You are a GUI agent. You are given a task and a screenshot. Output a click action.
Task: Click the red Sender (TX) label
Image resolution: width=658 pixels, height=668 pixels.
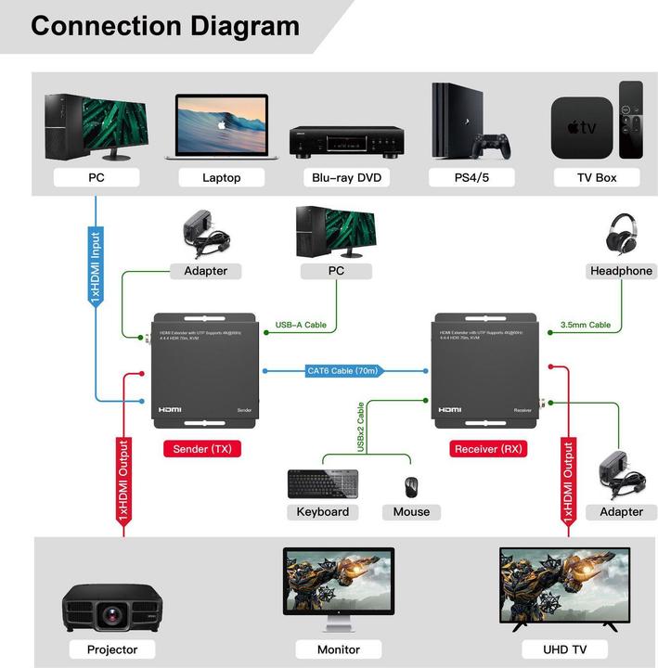201,449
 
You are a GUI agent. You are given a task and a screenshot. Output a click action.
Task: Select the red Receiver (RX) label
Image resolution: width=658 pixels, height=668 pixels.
489,449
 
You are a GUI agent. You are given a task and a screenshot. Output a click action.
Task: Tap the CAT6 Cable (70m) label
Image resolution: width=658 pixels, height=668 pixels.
342,371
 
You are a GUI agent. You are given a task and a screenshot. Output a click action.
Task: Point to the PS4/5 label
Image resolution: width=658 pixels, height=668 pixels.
471,177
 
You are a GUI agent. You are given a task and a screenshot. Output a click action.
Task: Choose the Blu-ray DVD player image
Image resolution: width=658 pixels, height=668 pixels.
346,140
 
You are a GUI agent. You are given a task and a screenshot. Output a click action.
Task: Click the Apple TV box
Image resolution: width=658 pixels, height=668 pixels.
582,128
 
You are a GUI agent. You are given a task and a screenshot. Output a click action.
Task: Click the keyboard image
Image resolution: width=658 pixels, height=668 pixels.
322,483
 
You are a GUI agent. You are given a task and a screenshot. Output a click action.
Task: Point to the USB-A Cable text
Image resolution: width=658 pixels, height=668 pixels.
301,326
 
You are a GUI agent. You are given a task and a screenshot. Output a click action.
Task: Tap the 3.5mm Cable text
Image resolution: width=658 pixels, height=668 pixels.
586,326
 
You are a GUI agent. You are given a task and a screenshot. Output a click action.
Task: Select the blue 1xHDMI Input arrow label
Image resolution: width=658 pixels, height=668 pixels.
96,269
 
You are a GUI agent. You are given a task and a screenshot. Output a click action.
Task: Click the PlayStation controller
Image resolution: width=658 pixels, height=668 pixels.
492,146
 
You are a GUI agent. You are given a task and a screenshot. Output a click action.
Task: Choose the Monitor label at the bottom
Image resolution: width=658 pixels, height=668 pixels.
338,649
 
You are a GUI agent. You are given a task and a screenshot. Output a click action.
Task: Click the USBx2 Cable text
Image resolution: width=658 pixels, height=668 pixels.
361,426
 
